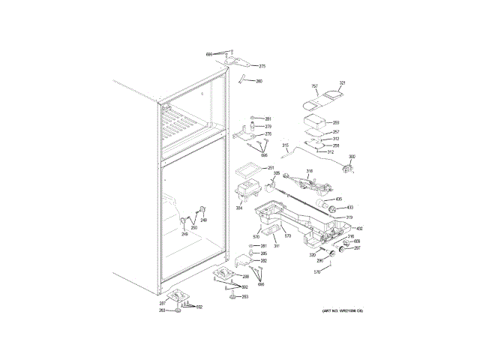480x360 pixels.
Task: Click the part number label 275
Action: pos(262,66)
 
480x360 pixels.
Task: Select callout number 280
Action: pos(259,81)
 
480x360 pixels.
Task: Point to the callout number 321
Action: pos(342,82)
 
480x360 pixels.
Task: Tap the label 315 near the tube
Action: pos(285,145)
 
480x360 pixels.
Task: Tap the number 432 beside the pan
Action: pos(359,229)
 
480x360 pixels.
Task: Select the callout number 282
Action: pos(263,261)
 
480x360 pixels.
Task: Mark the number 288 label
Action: pos(245,277)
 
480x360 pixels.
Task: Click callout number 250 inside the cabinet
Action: pos(193,227)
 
